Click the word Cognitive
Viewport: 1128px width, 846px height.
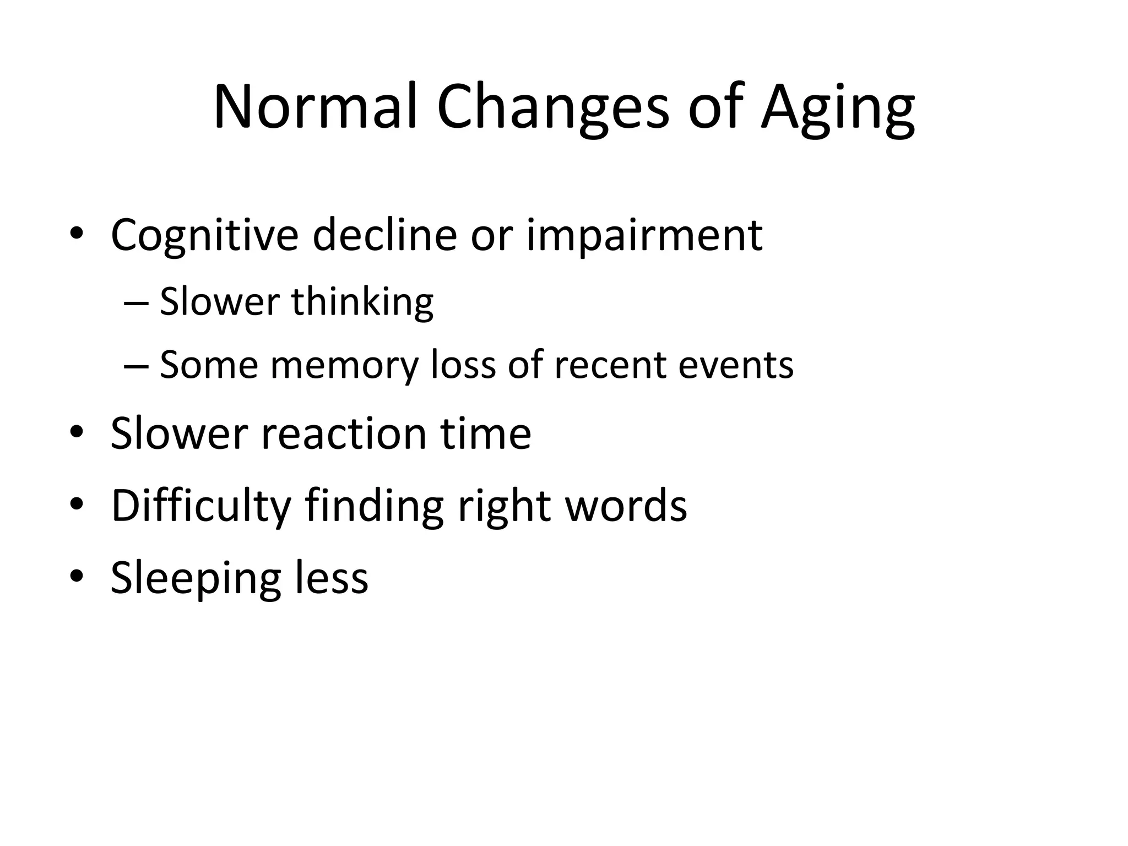[204, 236]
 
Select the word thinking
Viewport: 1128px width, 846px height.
[362, 303]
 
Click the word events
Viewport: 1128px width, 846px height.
[736, 366]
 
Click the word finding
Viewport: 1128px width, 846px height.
[374, 506]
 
